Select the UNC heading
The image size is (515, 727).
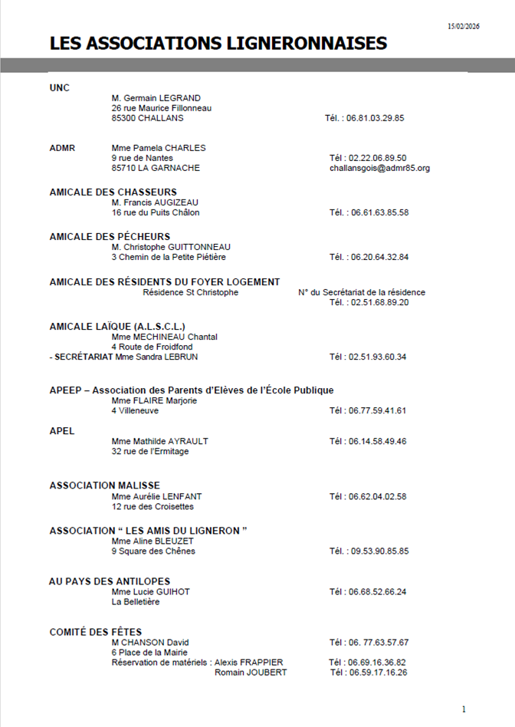tap(59, 88)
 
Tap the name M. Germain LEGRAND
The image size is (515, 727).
tap(156, 98)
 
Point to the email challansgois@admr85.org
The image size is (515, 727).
tap(379, 168)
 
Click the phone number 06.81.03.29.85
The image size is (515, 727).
tap(376, 119)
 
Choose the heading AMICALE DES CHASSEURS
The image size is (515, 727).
tap(113, 192)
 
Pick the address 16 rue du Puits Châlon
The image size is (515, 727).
tap(159, 212)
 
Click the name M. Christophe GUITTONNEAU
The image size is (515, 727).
tap(170, 247)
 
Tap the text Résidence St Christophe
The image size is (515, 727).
tap(190, 292)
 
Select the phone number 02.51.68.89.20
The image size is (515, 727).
tap(379, 303)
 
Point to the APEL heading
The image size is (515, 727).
tap(62, 431)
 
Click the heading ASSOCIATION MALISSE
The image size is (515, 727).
tap(104, 485)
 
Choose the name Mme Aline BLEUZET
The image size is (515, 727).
tap(153, 541)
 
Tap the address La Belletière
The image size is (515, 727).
tap(136, 602)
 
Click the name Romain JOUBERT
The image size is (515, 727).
tap(251, 673)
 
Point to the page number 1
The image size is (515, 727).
tap(464, 709)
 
